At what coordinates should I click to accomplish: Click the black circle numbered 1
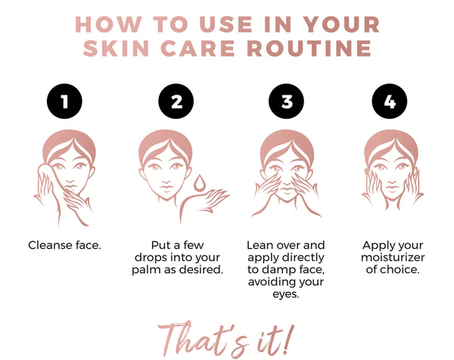(x=64, y=101)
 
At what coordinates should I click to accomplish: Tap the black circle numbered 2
(x=176, y=101)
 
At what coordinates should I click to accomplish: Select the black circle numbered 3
(x=286, y=101)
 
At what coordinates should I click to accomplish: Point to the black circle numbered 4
(x=390, y=101)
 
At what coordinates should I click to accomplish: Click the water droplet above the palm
(x=200, y=183)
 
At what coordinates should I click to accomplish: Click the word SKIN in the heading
(x=116, y=48)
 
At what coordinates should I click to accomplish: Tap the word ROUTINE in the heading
(x=309, y=48)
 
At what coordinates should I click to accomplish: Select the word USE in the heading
(x=226, y=24)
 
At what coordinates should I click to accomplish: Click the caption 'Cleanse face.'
(x=64, y=245)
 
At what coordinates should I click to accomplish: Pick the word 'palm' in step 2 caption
(x=147, y=270)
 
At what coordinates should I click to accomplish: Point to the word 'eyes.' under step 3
(x=286, y=295)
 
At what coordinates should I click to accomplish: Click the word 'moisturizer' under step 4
(x=393, y=257)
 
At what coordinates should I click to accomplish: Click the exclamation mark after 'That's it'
(x=286, y=339)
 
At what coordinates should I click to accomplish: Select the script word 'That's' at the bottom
(x=203, y=339)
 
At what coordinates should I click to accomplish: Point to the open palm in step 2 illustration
(x=210, y=197)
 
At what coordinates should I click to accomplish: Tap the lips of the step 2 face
(x=166, y=187)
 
